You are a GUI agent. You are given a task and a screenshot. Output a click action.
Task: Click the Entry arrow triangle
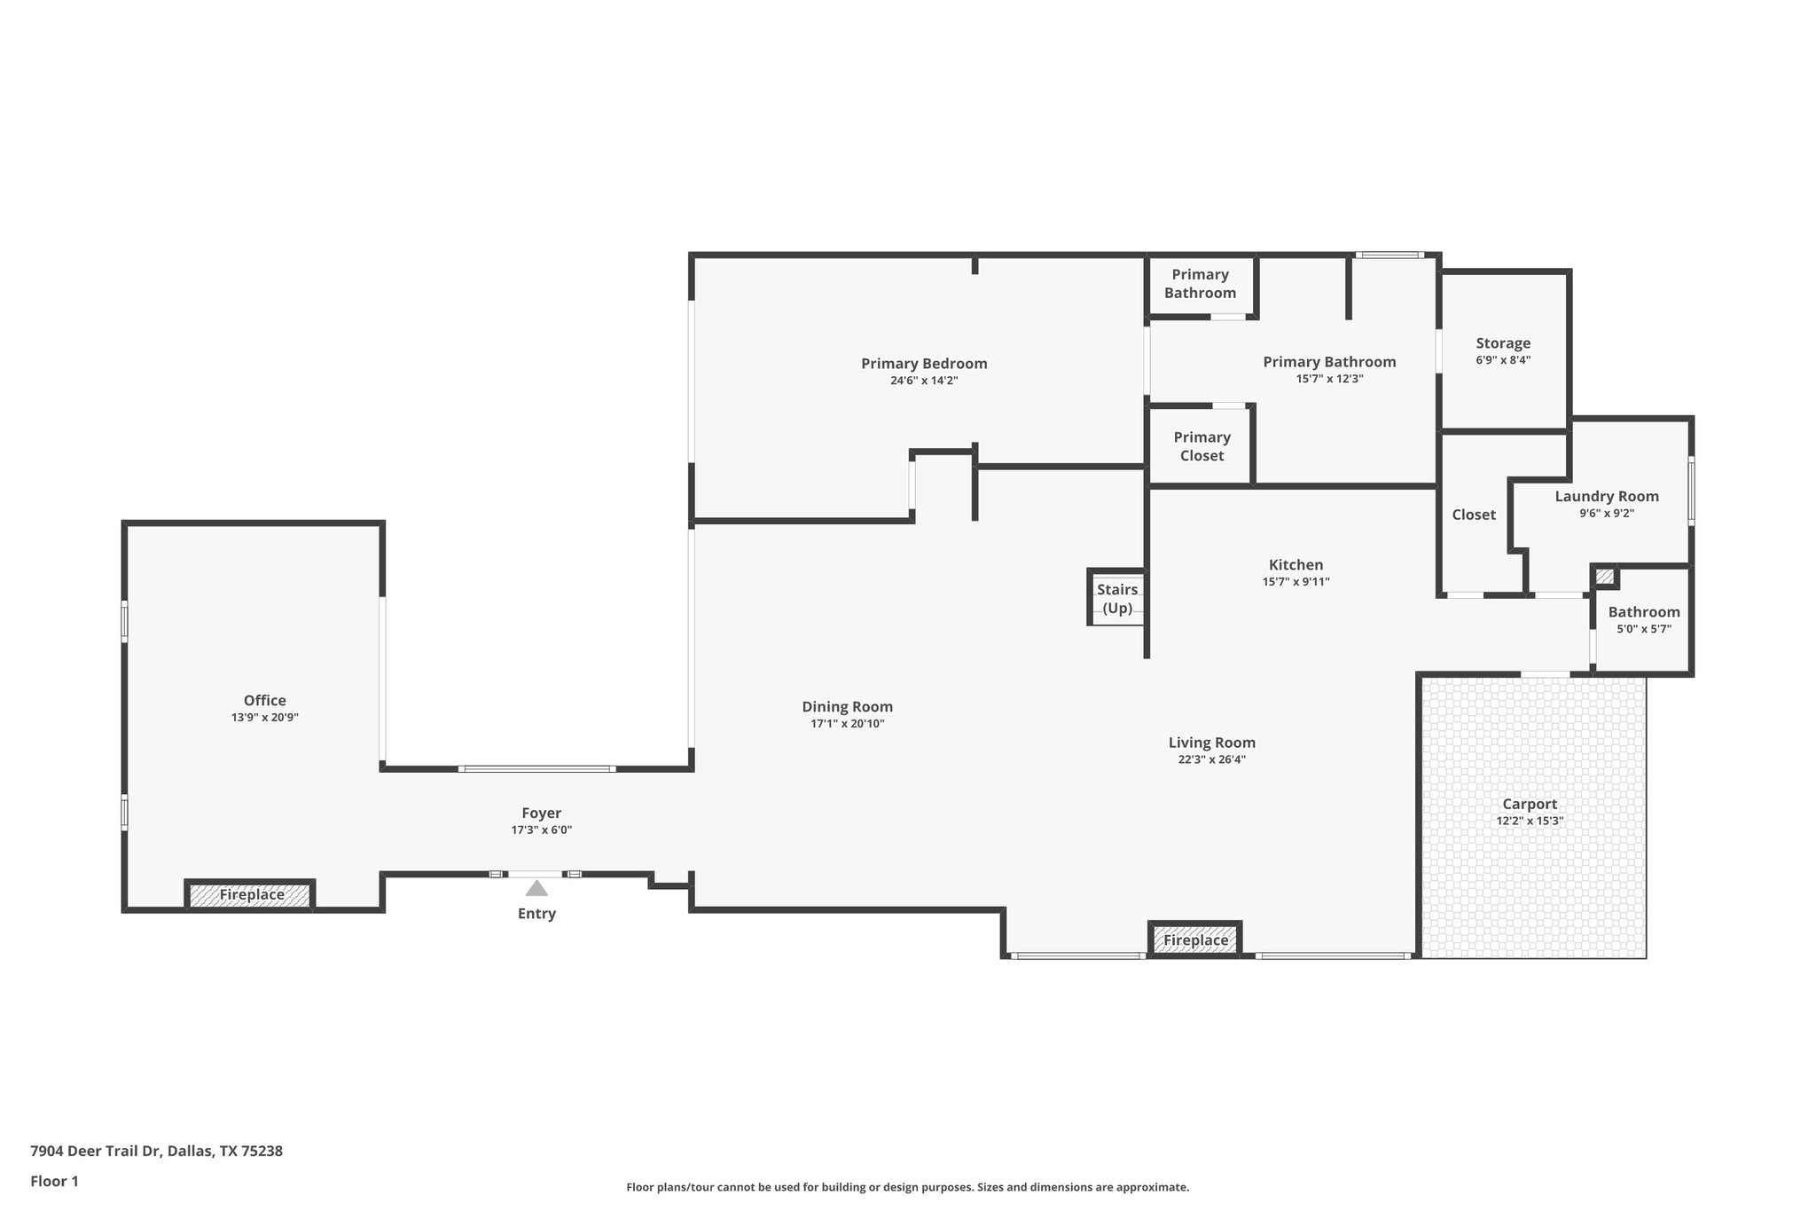coord(536,888)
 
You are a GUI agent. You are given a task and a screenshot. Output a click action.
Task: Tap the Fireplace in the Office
coord(251,894)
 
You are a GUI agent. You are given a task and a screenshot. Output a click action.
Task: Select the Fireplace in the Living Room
coord(1195,940)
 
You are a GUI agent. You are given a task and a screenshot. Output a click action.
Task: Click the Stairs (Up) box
coord(1116,598)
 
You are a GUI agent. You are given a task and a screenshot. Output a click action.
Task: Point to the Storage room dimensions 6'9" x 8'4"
coord(1503,360)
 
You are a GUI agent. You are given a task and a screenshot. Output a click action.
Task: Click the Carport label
coord(1530,804)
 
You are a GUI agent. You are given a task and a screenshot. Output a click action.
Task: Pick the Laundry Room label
coord(1606,496)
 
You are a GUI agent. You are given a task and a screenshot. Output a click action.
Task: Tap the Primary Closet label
coord(1202,446)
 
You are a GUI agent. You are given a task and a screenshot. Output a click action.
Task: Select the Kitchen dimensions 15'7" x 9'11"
coord(1295,582)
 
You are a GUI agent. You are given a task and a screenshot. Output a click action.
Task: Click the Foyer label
coord(541,813)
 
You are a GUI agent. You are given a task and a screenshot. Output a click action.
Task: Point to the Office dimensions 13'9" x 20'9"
coord(264,718)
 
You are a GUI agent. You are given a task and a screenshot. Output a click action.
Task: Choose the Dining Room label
coord(847,706)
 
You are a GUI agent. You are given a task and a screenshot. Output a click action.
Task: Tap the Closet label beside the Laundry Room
coord(1473,515)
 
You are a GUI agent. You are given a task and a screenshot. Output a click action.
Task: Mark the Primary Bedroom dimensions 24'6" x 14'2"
coord(924,381)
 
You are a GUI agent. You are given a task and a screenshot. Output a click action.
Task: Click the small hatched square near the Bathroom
coord(1604,577)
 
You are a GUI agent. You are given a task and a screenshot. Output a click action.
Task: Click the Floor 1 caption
coord(54,1181)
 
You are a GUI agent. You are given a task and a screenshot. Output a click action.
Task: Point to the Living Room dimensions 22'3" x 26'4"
coord(1211,759)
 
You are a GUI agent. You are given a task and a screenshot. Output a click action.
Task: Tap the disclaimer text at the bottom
coord(907,1187)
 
